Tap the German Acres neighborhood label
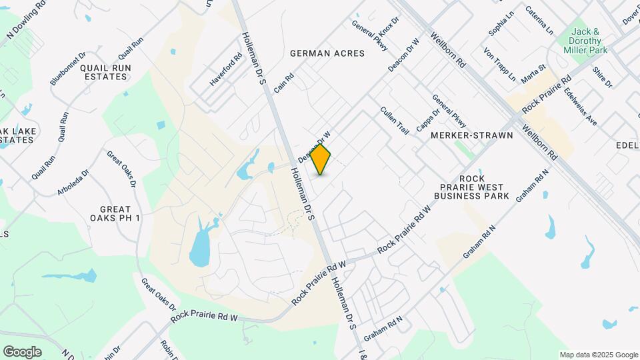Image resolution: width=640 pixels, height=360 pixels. click(x=327, y=53)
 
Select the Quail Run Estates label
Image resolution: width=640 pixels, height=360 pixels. click(x=103, y=72)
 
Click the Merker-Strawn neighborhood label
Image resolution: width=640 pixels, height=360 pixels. click(x=472, y=135)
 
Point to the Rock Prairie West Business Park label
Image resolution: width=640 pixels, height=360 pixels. click(x=471, y=187)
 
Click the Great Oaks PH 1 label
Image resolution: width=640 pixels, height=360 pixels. click(x=115, y=213)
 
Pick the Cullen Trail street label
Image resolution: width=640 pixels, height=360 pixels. click(x=394, y=121)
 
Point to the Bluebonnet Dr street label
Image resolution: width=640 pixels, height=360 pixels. click(x=68, y=69)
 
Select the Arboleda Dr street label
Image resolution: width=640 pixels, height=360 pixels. click(x=72, y=179)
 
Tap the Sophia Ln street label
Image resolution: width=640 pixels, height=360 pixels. click(x=502, y=25)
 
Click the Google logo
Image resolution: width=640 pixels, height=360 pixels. click(x=22, y=352)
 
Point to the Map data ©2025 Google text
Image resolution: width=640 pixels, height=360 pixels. click(x=598, y=355)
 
